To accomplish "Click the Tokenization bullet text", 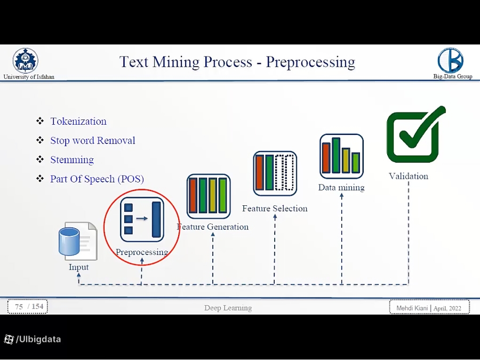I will (x=78, y=122).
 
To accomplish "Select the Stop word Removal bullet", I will (x=93, y=141).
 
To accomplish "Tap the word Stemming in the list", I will (x=72, y=160).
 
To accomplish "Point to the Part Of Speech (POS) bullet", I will (x=97, y=179).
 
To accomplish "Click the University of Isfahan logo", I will (x=26, y=60).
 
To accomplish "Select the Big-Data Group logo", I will (x=451, y=60).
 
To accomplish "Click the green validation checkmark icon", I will (x=415, y=134).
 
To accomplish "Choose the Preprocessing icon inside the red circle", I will (x=141, y=219).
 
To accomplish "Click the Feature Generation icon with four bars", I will (x=209, y=196).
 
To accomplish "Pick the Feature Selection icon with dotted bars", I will (x=275, y=173).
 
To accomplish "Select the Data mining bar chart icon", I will (x=341, y=156).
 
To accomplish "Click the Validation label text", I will (x=409, y=177).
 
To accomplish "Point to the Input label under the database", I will (x=79, y=267).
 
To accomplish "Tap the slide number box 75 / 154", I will (x=28, y=307).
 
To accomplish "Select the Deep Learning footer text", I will (x=228, y=308).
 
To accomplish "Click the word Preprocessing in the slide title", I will (x=310, y=62).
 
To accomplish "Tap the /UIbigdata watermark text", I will (x=38, y=339).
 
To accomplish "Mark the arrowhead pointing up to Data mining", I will (x=341, y=196).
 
